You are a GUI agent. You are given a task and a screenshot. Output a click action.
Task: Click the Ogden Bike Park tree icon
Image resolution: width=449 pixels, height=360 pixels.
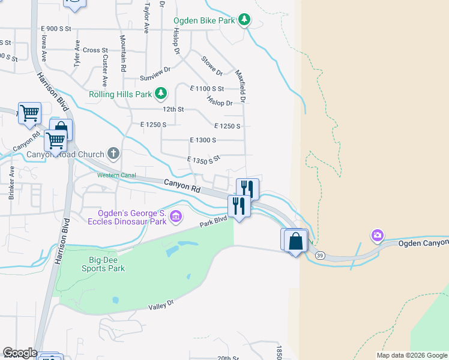[244, 20]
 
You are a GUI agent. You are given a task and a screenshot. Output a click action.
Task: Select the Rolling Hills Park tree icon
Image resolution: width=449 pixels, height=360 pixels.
[161, 94]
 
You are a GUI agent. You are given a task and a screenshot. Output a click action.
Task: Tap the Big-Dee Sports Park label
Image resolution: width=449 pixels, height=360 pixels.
[103, 264]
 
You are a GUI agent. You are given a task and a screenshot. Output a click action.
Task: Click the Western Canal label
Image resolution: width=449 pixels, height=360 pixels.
[117, 175]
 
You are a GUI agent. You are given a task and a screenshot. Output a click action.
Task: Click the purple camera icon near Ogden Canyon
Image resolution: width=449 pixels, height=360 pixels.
[377, 235]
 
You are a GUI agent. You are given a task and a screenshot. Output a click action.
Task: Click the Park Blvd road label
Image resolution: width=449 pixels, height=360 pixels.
[214, 223]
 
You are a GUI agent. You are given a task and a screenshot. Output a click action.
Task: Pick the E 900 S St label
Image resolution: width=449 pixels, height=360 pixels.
[56, 29]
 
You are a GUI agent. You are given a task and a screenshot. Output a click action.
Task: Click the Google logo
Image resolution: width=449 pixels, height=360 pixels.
[20, 353]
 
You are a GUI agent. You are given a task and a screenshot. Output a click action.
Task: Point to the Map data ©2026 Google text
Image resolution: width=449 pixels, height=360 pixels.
[411, 355]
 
